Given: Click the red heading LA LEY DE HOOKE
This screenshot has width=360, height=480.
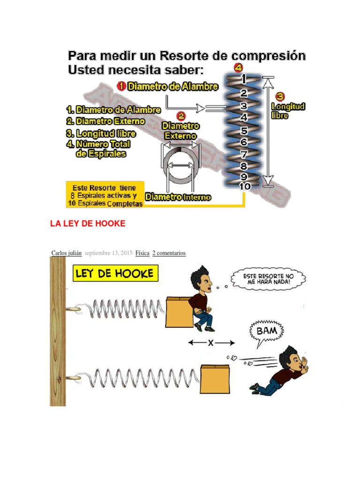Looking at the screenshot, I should point(88,224).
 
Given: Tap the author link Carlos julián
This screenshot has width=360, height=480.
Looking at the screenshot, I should point(67,253).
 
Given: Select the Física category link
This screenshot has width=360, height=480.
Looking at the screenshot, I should point(142,253).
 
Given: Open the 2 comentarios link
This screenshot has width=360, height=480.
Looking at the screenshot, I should point(169,253).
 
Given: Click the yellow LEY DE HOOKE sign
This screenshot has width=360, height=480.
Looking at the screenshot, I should point(115,273).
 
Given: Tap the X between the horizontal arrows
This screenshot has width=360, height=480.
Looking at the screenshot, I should point(211,343).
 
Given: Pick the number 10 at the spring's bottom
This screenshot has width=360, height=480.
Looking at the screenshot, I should point(245,186).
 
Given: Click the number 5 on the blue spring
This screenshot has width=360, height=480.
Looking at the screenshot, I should point(244,131).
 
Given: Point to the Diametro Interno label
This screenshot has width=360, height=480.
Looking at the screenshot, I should point(178,197).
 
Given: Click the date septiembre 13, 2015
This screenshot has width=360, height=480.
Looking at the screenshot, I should point(109,253).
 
